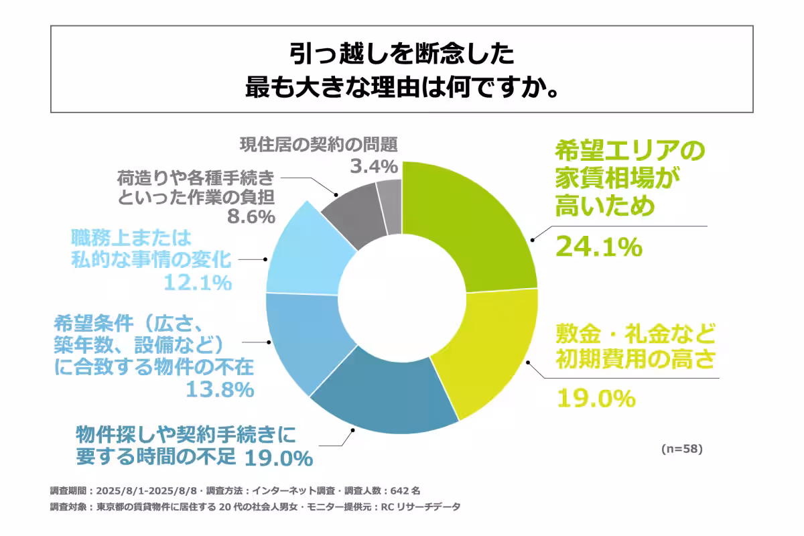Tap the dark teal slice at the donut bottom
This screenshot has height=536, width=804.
click(389, 402)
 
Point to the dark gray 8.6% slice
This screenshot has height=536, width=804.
click(352, 208)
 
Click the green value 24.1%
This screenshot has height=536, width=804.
click(598, 247)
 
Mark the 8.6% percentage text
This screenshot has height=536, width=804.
click(248, 216)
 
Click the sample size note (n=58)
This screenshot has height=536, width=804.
click(681, 448)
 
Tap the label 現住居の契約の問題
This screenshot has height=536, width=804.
click(318, 144)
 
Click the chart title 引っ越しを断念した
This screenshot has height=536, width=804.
click(402, 54)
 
